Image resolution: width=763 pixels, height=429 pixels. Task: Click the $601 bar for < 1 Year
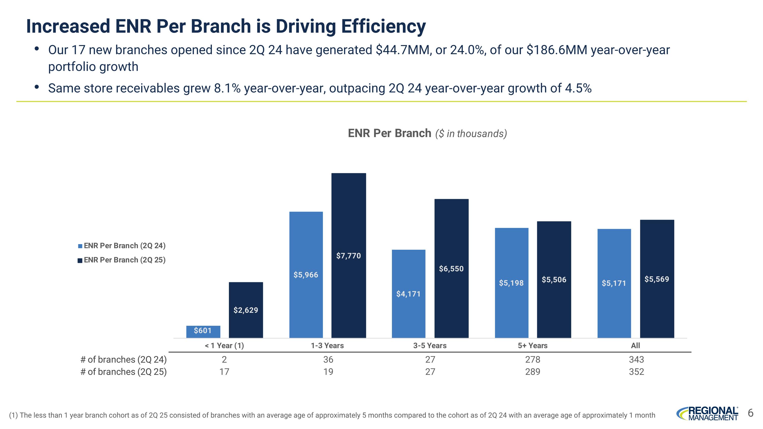click(203, 332)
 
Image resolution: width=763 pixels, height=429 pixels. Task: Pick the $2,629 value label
click(246, 310)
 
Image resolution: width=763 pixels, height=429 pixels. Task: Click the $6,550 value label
click(451, 269)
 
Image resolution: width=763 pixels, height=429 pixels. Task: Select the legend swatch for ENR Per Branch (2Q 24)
click(80, 246)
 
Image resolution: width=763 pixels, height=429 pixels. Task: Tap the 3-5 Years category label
click(430, 346)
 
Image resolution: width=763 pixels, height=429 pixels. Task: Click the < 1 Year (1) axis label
click(224, 346)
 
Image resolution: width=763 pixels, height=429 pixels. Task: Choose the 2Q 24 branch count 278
click(533, 359)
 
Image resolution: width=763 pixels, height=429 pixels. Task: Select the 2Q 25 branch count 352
click(637, 372)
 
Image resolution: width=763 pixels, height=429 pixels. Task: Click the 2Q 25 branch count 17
click(224, 372)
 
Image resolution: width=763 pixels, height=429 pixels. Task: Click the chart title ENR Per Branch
click(389, 133)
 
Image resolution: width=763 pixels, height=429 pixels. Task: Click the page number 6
click(751, 413)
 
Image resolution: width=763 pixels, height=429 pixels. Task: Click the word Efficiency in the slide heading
click(383, 26)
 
